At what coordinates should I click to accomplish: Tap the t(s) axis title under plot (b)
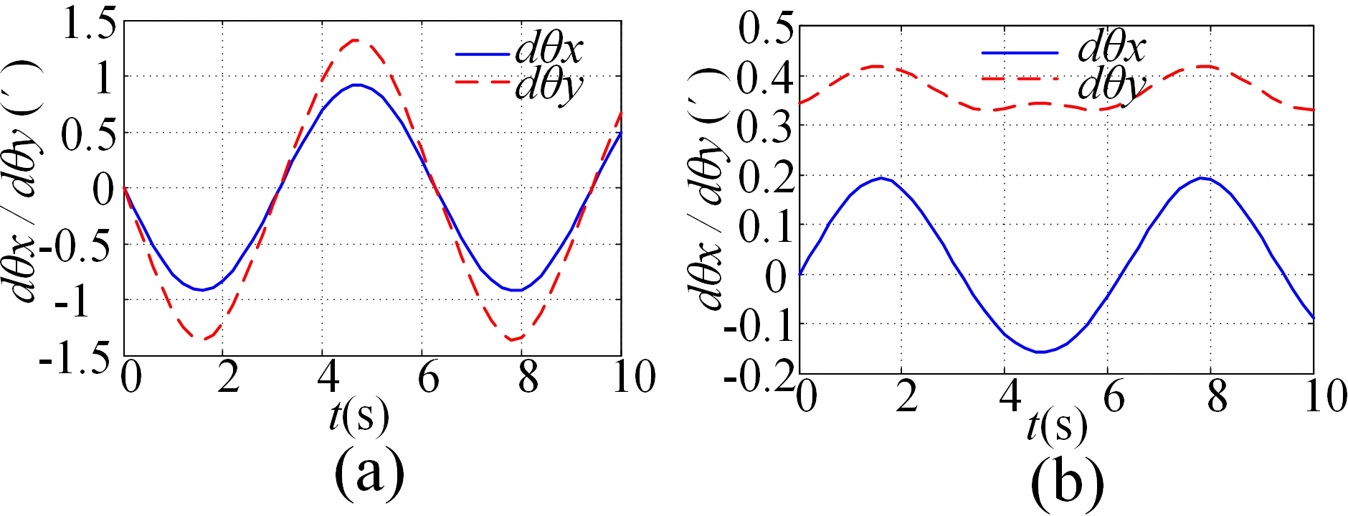(1056, 427)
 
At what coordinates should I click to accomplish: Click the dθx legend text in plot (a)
(549, 50)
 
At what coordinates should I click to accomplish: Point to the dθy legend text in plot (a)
(549, 87)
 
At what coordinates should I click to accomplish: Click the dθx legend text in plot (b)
(1111, 47)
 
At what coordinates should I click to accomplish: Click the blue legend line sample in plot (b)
(1019, 52)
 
